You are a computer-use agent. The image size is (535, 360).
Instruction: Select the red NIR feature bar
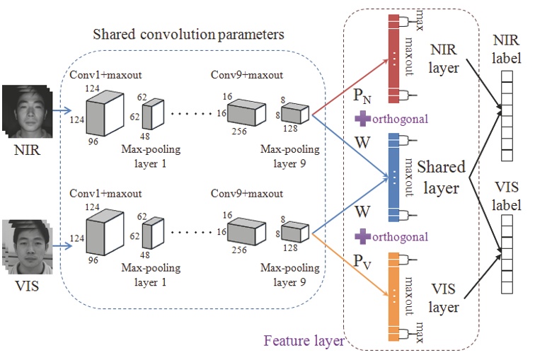click(x=394, y=57)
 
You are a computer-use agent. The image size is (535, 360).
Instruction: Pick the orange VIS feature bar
click(x=394, y=296)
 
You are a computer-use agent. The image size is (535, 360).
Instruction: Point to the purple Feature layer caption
click(x=304, y=341)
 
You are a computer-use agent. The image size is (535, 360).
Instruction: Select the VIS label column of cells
click(x=506, y=254)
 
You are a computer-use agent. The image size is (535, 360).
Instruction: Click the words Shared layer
click(x=442, y=178)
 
